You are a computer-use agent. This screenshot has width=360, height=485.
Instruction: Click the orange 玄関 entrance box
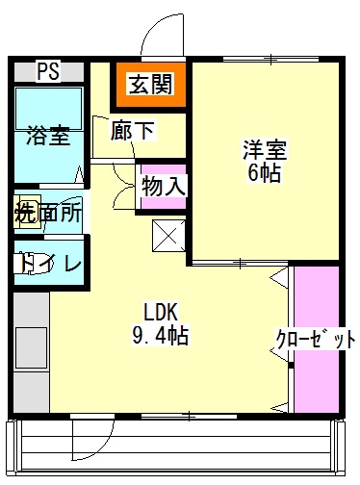tap(149, 84)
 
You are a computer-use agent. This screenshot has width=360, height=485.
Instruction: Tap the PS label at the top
tap(46, 70)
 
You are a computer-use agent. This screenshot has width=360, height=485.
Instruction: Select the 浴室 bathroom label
tap(48, 135)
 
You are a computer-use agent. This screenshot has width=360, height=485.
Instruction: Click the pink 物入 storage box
tap(162, 185)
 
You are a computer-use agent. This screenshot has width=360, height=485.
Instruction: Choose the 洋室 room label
tap(264, 150)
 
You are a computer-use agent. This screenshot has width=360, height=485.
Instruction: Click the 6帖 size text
tap(264, 174)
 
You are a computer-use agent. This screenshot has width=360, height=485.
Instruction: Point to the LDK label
tap(162, 312)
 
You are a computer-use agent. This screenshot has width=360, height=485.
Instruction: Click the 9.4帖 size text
tap(160, 336)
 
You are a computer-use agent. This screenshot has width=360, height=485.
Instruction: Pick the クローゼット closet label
tap(317, 339)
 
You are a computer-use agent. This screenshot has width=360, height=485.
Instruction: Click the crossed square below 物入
tap(167, 235)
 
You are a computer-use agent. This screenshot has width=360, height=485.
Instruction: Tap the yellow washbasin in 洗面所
tap(21, 214)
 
